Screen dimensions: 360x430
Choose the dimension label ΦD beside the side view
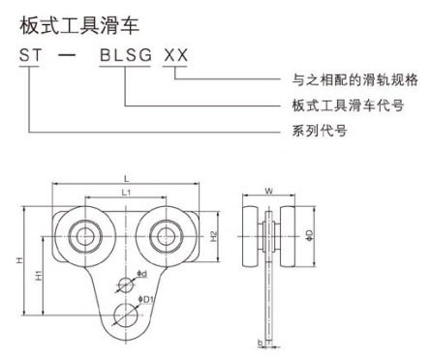(x=309, y=234)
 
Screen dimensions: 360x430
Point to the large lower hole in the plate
(x=124, y=314)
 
